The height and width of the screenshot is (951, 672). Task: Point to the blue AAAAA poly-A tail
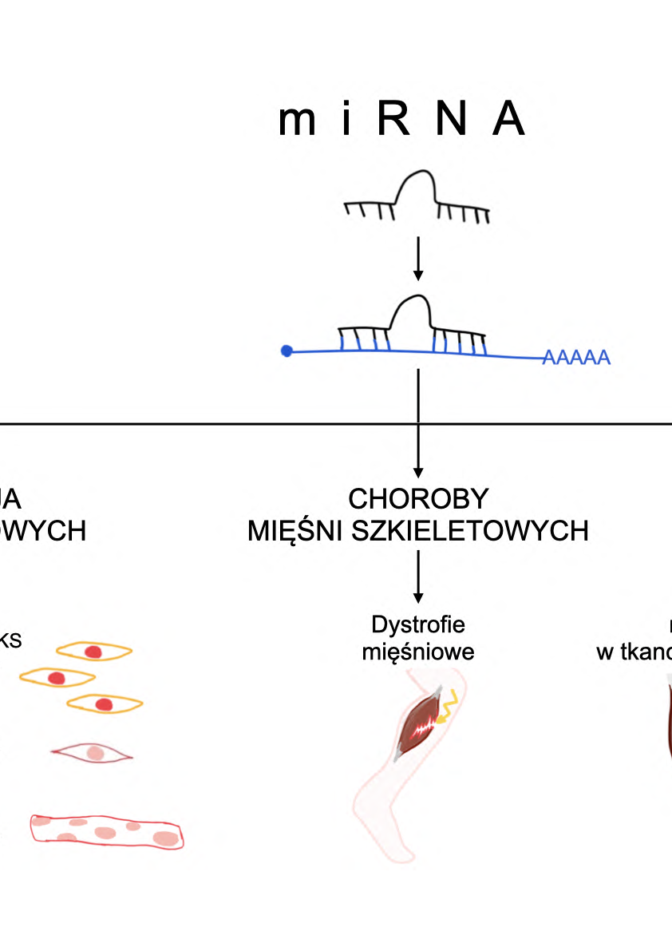576,358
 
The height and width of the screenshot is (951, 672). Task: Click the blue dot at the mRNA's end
287,351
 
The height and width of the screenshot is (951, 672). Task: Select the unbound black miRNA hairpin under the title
417,196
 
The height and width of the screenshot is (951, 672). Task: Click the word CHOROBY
417,499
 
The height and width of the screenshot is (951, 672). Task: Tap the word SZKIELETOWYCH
478,530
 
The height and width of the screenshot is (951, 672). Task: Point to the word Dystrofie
417,623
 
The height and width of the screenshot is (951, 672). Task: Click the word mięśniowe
417,652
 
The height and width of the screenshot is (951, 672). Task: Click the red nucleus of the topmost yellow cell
93,652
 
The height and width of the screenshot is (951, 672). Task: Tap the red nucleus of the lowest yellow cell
104,704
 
